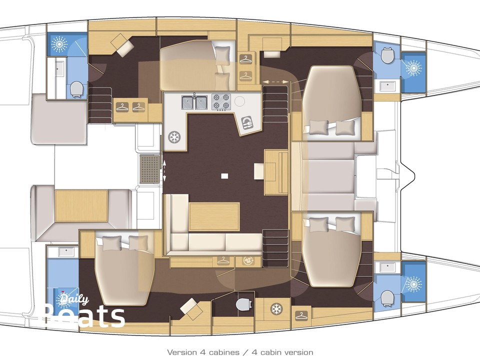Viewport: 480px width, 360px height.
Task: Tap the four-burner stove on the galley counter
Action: pos(221,102)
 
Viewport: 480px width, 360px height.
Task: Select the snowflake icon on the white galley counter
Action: pos(173,136)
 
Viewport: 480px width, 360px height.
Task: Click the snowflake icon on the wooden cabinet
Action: pos(275,308)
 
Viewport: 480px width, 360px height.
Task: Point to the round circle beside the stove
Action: pos(240,101)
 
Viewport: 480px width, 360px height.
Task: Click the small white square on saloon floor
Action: pos(224,175)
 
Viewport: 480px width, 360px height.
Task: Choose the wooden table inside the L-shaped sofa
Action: pos(214,216)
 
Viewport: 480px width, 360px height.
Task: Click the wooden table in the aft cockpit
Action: pos(81,206)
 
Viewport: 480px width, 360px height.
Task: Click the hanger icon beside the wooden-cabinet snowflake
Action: pos(301,314)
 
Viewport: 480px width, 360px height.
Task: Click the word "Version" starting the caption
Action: pos(181,352)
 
